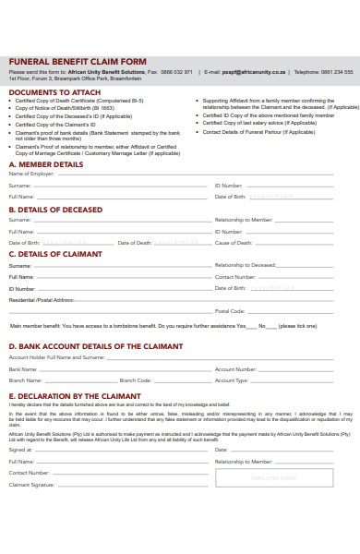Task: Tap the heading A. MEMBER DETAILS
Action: [x=45, y=164]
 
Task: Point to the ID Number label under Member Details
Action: [x=229, y=186]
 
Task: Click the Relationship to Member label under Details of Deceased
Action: [x=244, y=220]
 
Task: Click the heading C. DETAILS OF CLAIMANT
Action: [x=56, y=254]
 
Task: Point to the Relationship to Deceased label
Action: [x=246, y=265]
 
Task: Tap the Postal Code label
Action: [x=230, y=311]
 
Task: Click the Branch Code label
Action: [x=135, y=379]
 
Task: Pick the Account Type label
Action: [x=232, y=379]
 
